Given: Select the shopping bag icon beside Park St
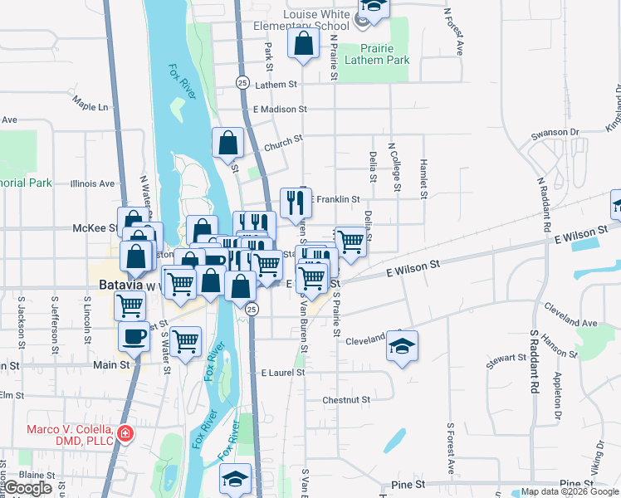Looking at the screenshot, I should tap(304, 43).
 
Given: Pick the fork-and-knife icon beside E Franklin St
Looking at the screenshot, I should tap(295, 203).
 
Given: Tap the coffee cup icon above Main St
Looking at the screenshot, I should tap(134, 335).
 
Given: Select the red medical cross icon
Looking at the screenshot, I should tap(125, 433).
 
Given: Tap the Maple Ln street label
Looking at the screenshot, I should tap(90, 107).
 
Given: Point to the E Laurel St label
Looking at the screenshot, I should tap(282, 373).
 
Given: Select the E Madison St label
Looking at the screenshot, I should tap(280, 109).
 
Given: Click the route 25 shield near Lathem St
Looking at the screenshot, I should tap(242, 82).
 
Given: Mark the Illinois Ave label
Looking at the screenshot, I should tap(93, 183).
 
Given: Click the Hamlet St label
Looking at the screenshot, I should tap(423, 178).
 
